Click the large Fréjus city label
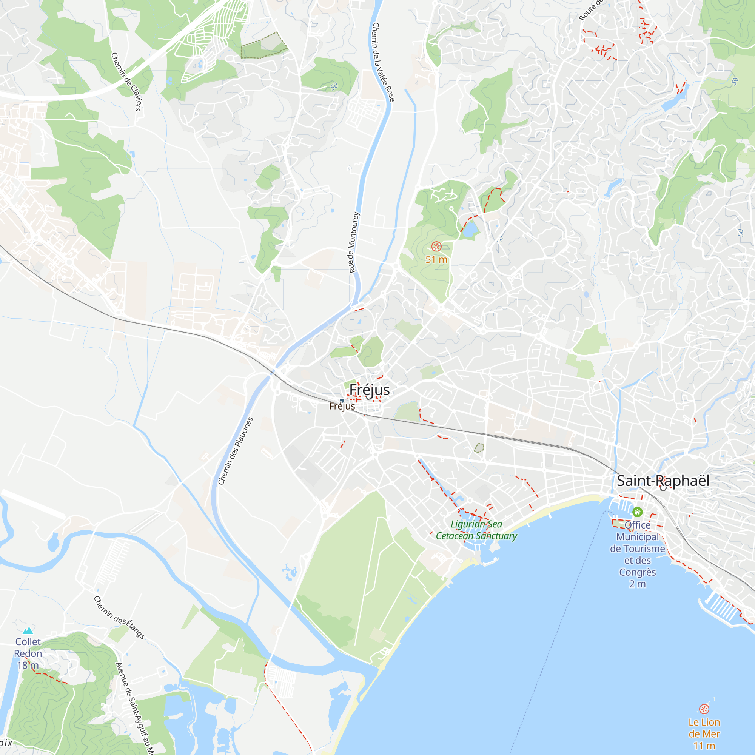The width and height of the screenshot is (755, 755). click(369, 390)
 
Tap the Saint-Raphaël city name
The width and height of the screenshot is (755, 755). click(663, 481)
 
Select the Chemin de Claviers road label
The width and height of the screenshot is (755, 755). click(126, 82)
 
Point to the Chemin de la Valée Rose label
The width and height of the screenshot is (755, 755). click(384, 62)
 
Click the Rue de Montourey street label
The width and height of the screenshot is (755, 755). click(354, 242)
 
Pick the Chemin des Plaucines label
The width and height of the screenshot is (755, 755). click(235, 451)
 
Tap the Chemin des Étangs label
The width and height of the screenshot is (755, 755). click(119, 618)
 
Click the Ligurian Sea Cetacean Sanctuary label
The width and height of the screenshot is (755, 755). click(476, 530)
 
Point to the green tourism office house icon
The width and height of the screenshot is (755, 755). click(637, 512)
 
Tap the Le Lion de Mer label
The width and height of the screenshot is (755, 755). click(704, 734)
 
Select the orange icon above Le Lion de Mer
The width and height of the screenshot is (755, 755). click(704, 709)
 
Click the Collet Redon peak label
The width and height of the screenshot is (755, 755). click(28, 653)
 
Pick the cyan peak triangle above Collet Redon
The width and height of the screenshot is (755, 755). click(28, 631)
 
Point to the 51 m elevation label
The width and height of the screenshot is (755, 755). click(436, 259)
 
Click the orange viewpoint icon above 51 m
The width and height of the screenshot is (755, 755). click(436, 246)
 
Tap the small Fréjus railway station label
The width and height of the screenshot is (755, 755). click(342, 407)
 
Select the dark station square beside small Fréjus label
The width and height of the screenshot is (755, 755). click(342, 401)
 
